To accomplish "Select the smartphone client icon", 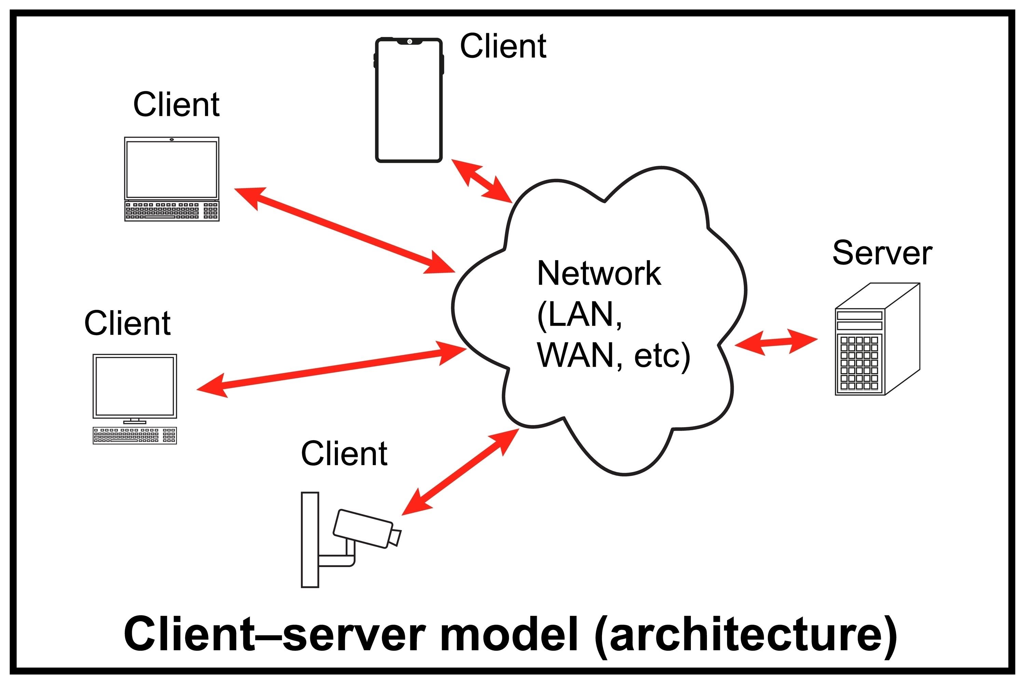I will [409, 100].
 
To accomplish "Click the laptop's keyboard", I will [172, 211].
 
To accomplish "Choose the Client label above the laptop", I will [176, 105].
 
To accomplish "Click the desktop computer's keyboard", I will [135, 435].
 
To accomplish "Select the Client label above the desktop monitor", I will [127, 324].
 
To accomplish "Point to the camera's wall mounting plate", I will [310, 540].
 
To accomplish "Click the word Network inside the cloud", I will [599, 274].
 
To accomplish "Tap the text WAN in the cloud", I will [575, 356].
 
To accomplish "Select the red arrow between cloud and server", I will [776, 342].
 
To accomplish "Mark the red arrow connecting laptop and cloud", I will [344, 230].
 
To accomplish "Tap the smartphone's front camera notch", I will [410, 41].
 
